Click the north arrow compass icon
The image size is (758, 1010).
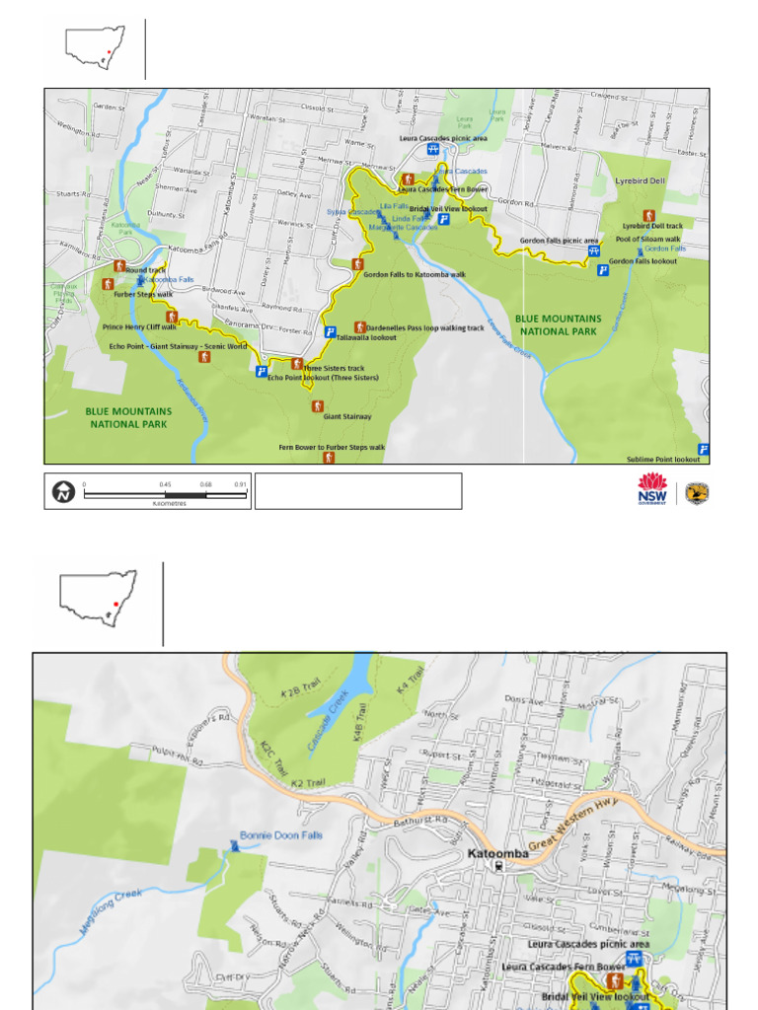(64, 491)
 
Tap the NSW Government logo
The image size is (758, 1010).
(652, 489)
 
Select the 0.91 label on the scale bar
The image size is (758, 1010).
(240, 484)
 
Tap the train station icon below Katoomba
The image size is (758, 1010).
(500, 866)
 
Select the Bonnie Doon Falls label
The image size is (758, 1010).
(281, 834)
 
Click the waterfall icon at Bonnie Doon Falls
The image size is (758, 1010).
(235, 845)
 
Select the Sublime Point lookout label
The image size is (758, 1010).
(663, 459)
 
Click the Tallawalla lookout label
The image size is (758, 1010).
(366, 337)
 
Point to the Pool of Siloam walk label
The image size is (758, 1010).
(647, 239)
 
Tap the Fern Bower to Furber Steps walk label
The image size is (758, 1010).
(332, 447)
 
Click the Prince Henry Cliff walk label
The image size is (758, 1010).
(139, 326)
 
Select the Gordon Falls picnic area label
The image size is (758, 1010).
(560, 241)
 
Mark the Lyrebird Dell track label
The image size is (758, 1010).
(651, 226)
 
